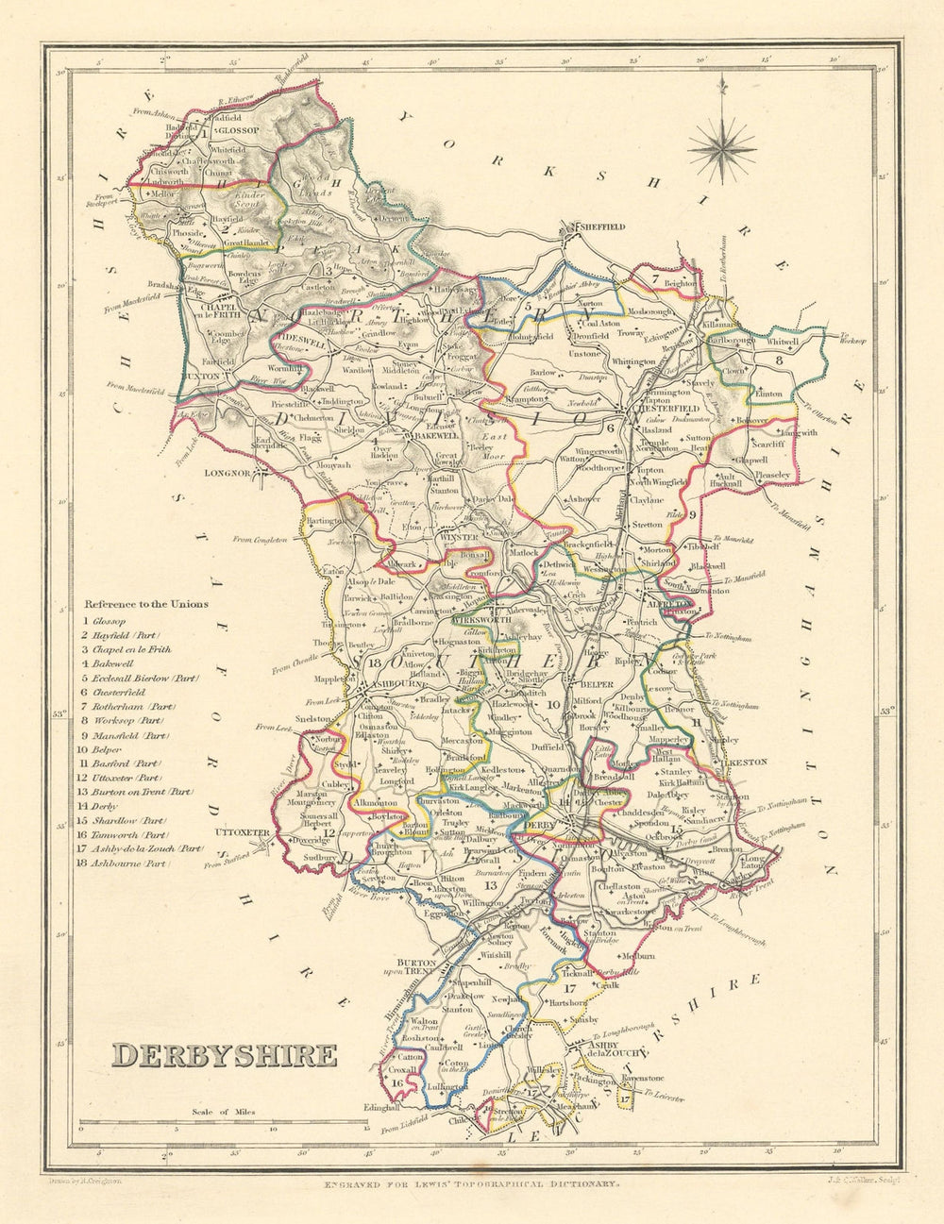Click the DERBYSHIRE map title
coord(225,1054)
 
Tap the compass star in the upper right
coord(722,144)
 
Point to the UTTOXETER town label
coord(244,833)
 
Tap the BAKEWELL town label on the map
coord(433,437)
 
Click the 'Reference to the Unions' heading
coord(146,604)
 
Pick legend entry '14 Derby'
coord(105,806)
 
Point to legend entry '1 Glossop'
coord(104,621)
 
